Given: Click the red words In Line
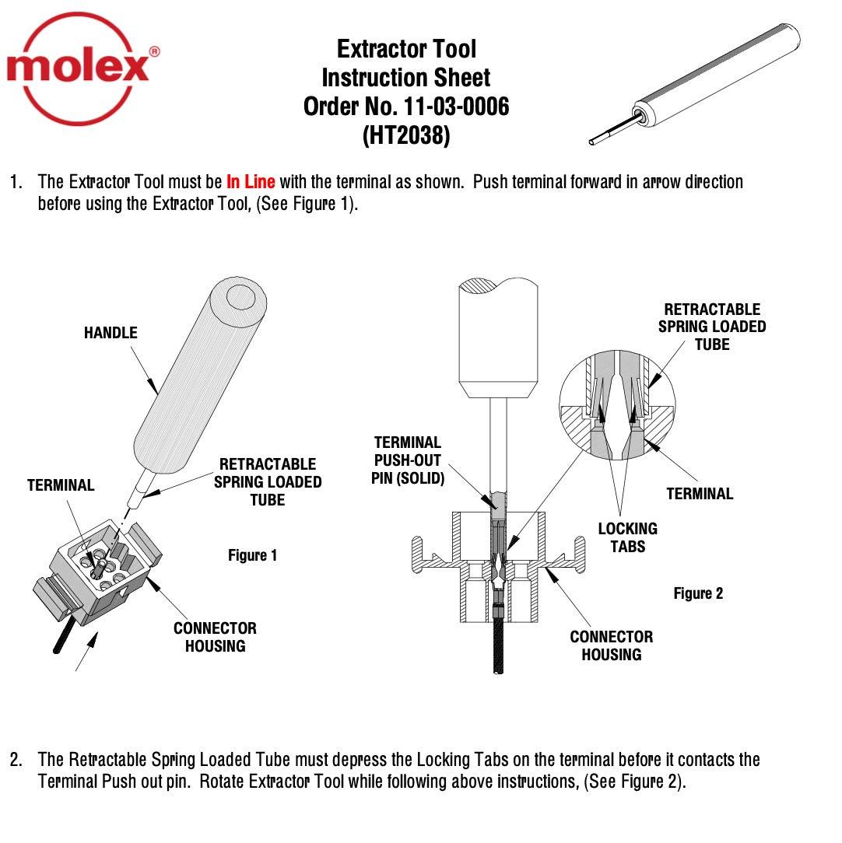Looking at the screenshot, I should coord(250,182).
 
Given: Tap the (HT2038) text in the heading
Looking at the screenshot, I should coord(405,135).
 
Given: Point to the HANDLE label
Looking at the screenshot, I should coord(111,333).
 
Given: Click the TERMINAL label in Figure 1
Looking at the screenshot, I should coord(61,485).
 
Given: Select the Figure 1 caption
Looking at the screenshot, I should coord(252,555).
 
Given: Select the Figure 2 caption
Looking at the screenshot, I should coord(697,593).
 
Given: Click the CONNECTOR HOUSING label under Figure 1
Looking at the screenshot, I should coord(215,637).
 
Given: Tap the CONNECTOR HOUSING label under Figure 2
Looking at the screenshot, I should coord(611,645).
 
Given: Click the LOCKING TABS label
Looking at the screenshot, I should coord(627,537).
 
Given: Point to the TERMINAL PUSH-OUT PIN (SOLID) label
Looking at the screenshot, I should coord(408,460).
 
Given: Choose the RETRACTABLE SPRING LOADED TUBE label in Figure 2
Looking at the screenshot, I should coord(711,327).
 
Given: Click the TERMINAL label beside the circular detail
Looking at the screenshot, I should coord(699,493).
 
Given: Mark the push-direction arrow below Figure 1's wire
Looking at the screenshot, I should coord(88,652).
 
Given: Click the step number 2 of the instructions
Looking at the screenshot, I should coord(16,759).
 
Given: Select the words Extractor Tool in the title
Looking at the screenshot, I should coord(405,49).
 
